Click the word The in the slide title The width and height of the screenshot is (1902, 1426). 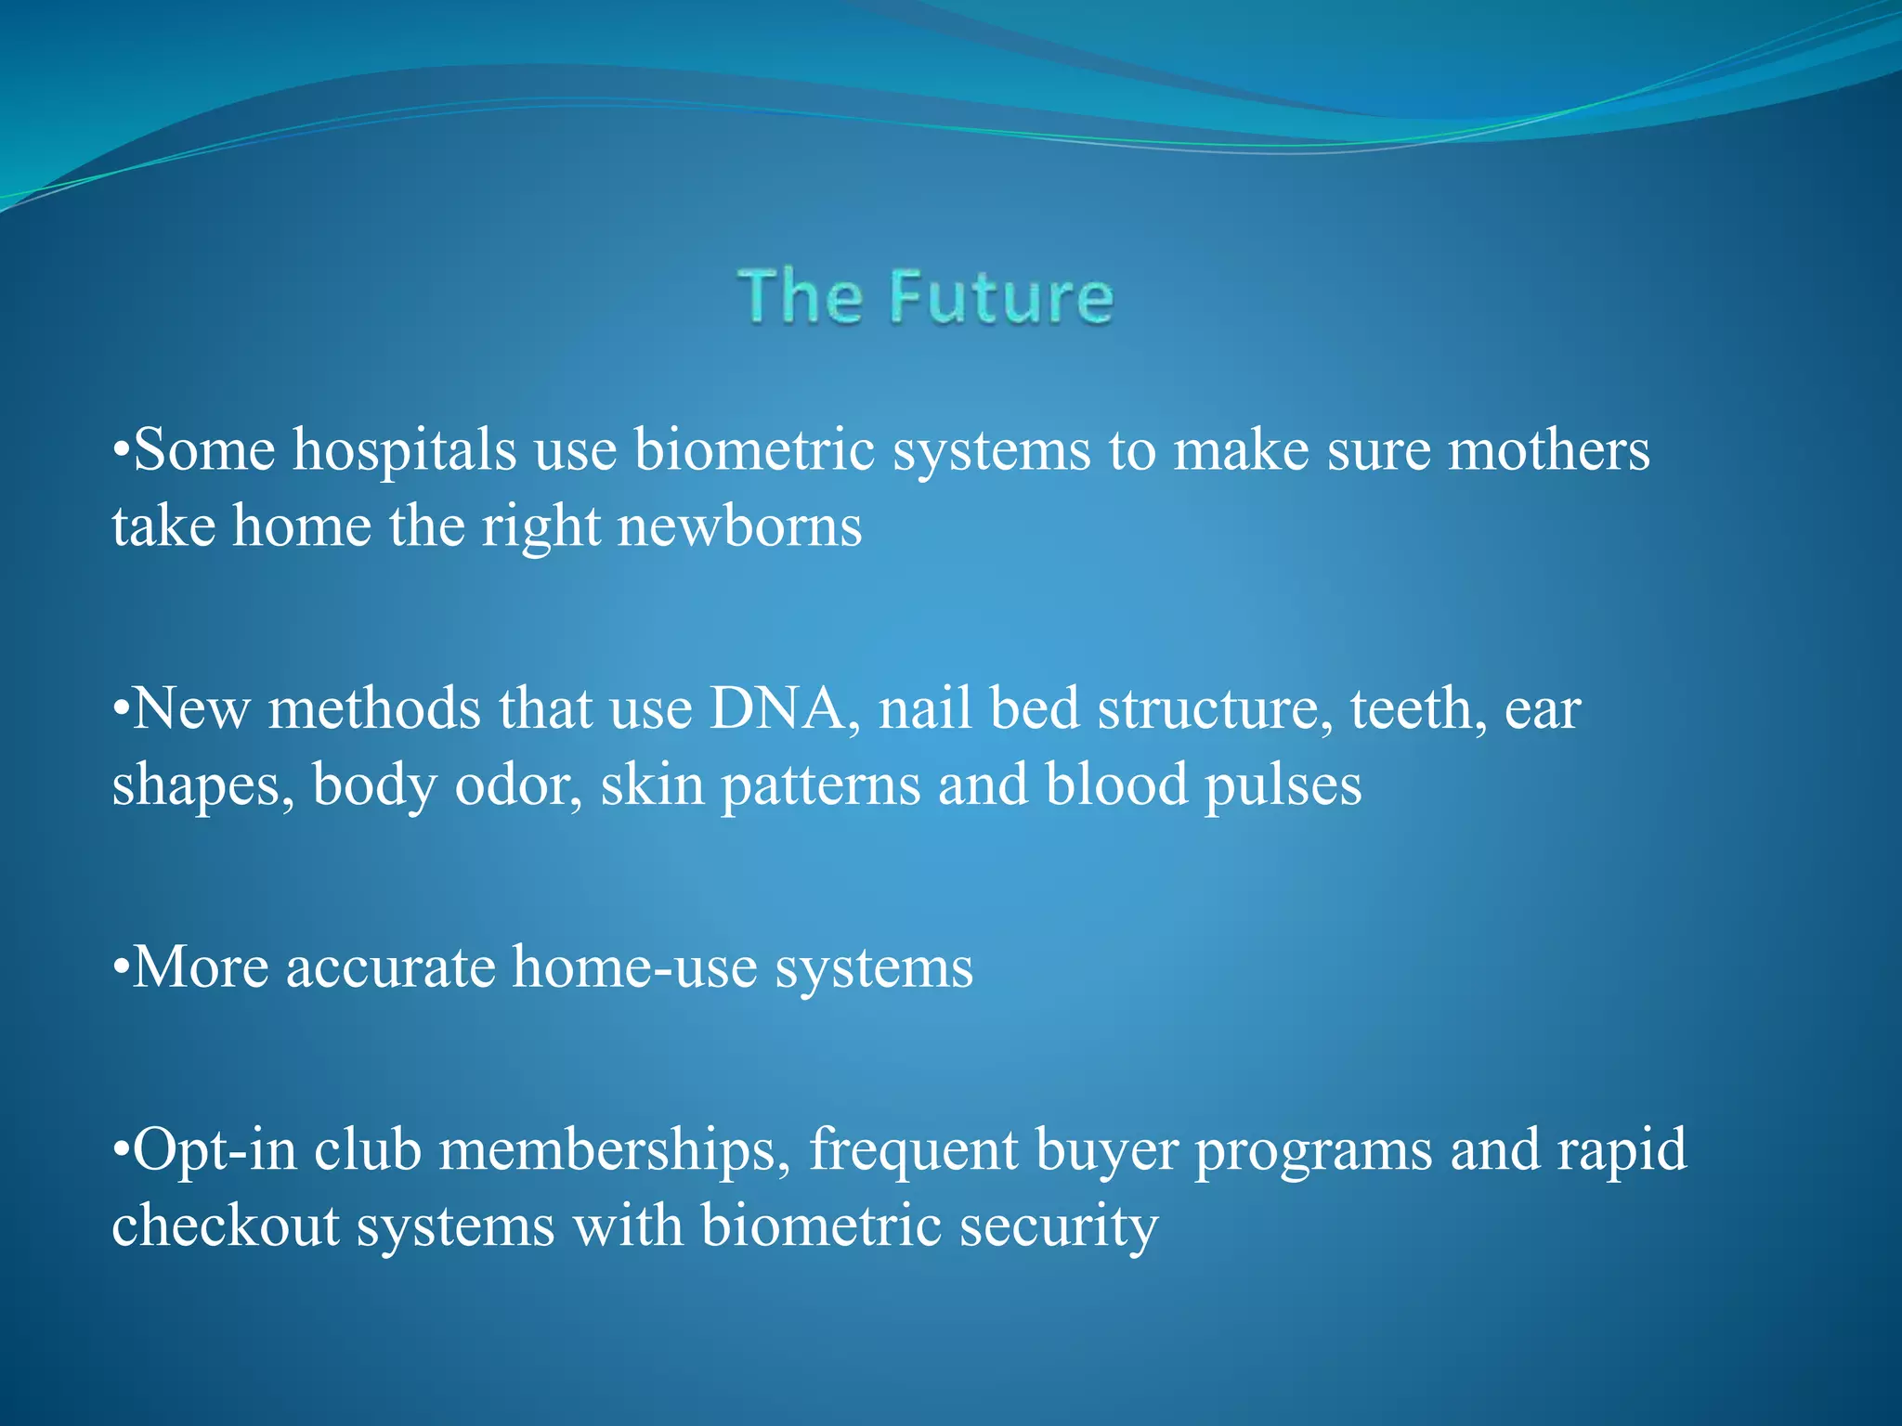point(800,297)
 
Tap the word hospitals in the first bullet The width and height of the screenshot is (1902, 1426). point(404,451)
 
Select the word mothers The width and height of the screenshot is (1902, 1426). point(1548,451)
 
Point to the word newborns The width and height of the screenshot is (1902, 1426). point(739,527)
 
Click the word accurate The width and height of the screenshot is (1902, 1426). point(390,968)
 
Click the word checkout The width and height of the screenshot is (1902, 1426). point(226,1225)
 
